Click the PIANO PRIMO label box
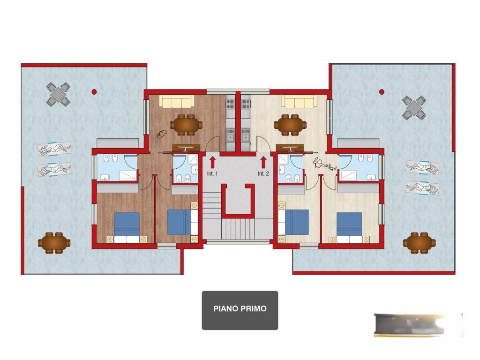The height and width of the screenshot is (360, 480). click(x=240, y=310)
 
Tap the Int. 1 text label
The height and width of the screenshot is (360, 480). click(x=212, y=173)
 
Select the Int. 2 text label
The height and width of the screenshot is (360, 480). click(x=263, y=173)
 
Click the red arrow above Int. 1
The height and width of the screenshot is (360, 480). click(x=212, y=162)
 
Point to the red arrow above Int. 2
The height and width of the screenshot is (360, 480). click(x=263, y=162)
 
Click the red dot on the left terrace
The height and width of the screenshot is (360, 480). click(x=94, y=91)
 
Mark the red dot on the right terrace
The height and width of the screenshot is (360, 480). click(x=382, y=91)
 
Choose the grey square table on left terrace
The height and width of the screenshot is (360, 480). click(x=58, y=94)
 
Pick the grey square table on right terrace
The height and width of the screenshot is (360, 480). click(x=414, y=108)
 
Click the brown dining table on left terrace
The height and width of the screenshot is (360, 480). click(x=54, y=243)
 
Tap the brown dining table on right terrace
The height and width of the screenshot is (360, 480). click(x=420, y=243)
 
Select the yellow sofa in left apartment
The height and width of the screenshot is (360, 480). click(x=177, y=101)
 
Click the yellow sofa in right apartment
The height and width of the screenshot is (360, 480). click(x=300, y=101)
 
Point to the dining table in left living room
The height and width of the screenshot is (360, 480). click(x=186, y=125)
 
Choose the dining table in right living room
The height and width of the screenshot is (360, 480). click(x=290, y=125)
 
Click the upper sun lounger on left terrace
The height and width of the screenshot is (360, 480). click(x=54, y=150)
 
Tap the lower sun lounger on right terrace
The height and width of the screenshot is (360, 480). click(x=422, y=188)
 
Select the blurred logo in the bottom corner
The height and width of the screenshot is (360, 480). click(x=419, y=325)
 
